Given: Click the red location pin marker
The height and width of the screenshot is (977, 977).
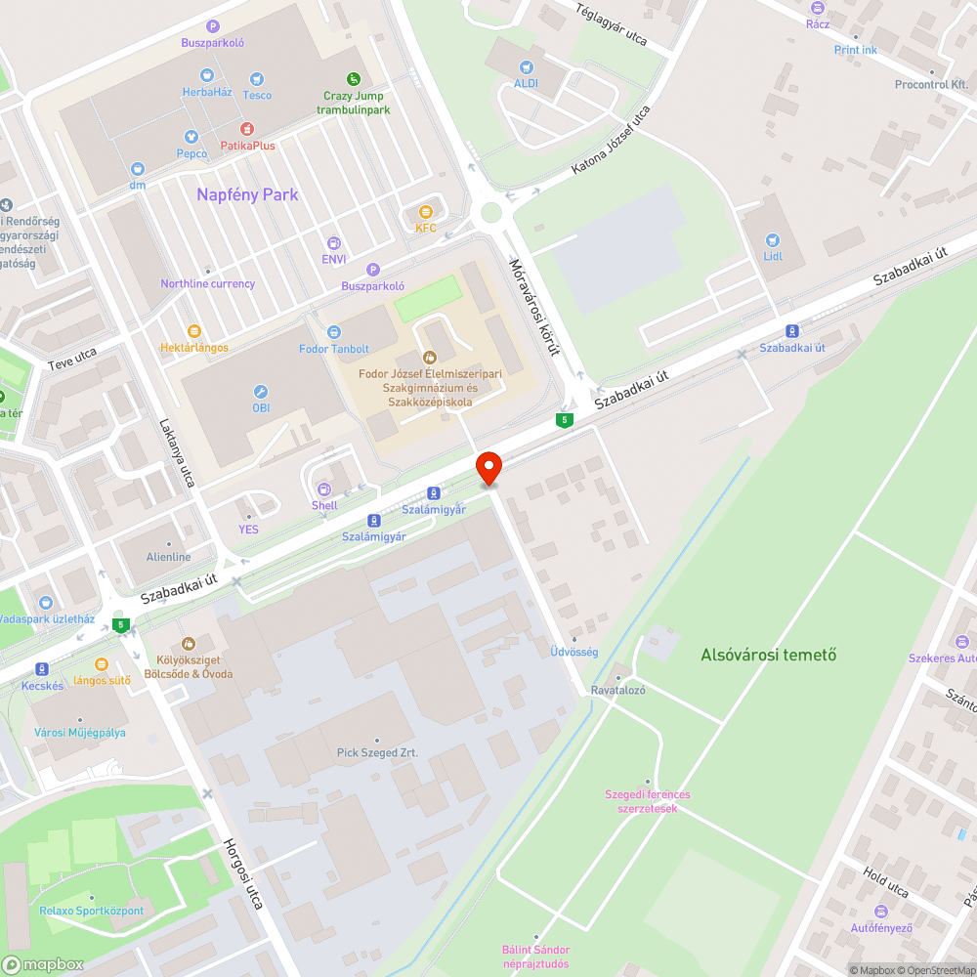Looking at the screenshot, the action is (488, 468).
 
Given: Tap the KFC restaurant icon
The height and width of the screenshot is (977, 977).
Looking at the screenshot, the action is (425, 212).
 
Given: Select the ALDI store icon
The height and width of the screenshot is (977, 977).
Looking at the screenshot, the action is (527, 67).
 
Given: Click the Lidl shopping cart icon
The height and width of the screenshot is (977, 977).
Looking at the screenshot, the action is (773, 240).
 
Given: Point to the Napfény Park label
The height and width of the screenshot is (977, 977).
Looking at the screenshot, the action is (247, 194).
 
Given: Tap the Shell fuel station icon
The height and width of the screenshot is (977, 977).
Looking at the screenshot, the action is (324, 488).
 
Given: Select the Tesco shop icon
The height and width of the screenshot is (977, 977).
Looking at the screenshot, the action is (257, 78).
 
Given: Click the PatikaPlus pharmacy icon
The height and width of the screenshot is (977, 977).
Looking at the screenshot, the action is (247, 129).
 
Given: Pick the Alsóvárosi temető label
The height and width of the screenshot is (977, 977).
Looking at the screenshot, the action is (768, 655).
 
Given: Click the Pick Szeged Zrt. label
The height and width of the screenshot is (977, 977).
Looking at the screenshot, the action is (377, 752).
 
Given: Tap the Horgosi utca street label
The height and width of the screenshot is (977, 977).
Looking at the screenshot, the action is (243, 873).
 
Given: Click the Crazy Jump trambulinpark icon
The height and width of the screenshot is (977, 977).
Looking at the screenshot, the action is (354, 78).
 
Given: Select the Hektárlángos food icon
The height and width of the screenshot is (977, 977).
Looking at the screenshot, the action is (193, 331).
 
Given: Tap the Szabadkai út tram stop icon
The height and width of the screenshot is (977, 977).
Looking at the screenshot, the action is (792, 331).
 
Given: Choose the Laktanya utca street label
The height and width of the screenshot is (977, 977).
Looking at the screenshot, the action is (177, 453).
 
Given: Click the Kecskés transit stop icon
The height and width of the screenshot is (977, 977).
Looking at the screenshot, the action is (42, 669).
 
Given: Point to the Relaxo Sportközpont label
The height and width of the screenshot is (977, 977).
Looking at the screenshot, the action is (92, 911).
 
